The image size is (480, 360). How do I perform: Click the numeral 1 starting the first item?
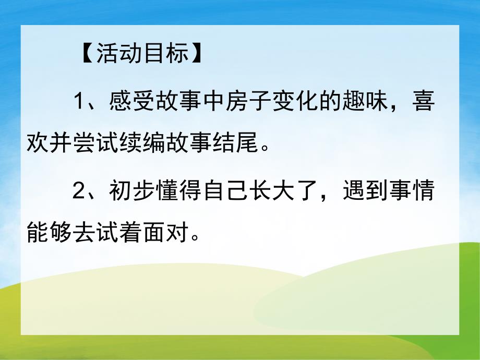coord(79,102)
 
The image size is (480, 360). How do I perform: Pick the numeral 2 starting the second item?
coord(79,194)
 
